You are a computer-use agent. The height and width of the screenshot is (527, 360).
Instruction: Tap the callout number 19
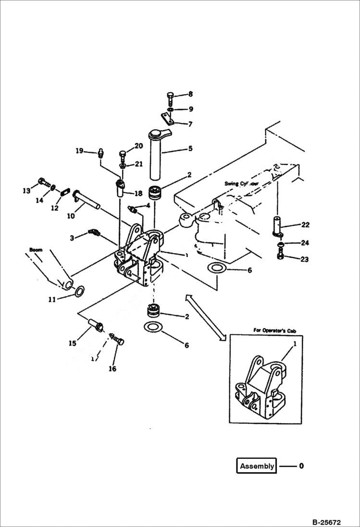pos(79,151)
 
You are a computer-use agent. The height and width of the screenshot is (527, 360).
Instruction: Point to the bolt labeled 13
pos(43,183)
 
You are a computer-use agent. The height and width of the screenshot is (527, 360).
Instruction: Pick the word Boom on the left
pos(36,250)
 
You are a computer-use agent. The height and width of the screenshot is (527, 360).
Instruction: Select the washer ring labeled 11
pos(80,290)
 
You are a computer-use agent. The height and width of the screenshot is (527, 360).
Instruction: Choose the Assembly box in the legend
pos(257,466)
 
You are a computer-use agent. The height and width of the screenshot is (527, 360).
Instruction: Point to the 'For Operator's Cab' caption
pos(273,331)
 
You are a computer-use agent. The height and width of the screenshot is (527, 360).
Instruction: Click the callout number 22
pos(306,225)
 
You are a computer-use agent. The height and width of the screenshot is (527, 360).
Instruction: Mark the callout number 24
pos(305,243)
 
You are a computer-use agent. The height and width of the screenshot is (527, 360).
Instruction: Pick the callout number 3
pos(72,238)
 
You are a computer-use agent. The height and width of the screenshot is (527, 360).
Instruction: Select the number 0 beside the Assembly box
pos(301,466)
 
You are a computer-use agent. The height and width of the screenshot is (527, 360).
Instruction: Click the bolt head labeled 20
pos(123,154)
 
